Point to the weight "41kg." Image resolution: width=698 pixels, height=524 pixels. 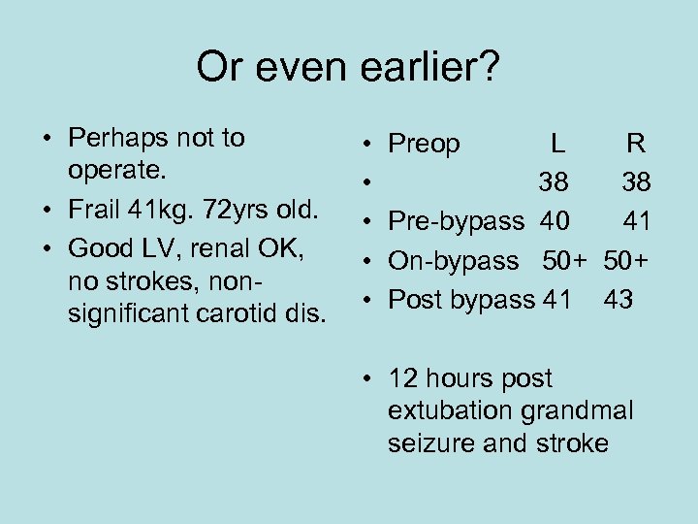(x=159, y=208)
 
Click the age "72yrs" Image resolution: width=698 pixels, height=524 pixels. (x=235, y=208)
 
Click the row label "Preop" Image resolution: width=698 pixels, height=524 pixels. (x=424, y=145)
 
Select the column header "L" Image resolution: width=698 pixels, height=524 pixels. (x=556, y=145)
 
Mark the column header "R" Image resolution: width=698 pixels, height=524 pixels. (x=636, y=145)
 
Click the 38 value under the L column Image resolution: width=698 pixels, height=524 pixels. (x=555, y=183)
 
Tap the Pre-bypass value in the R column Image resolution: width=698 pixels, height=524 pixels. (x=637, y=222)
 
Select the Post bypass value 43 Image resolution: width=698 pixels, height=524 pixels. (x=619, y=300)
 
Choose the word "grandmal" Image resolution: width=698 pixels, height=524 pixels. (x=577, y=410)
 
